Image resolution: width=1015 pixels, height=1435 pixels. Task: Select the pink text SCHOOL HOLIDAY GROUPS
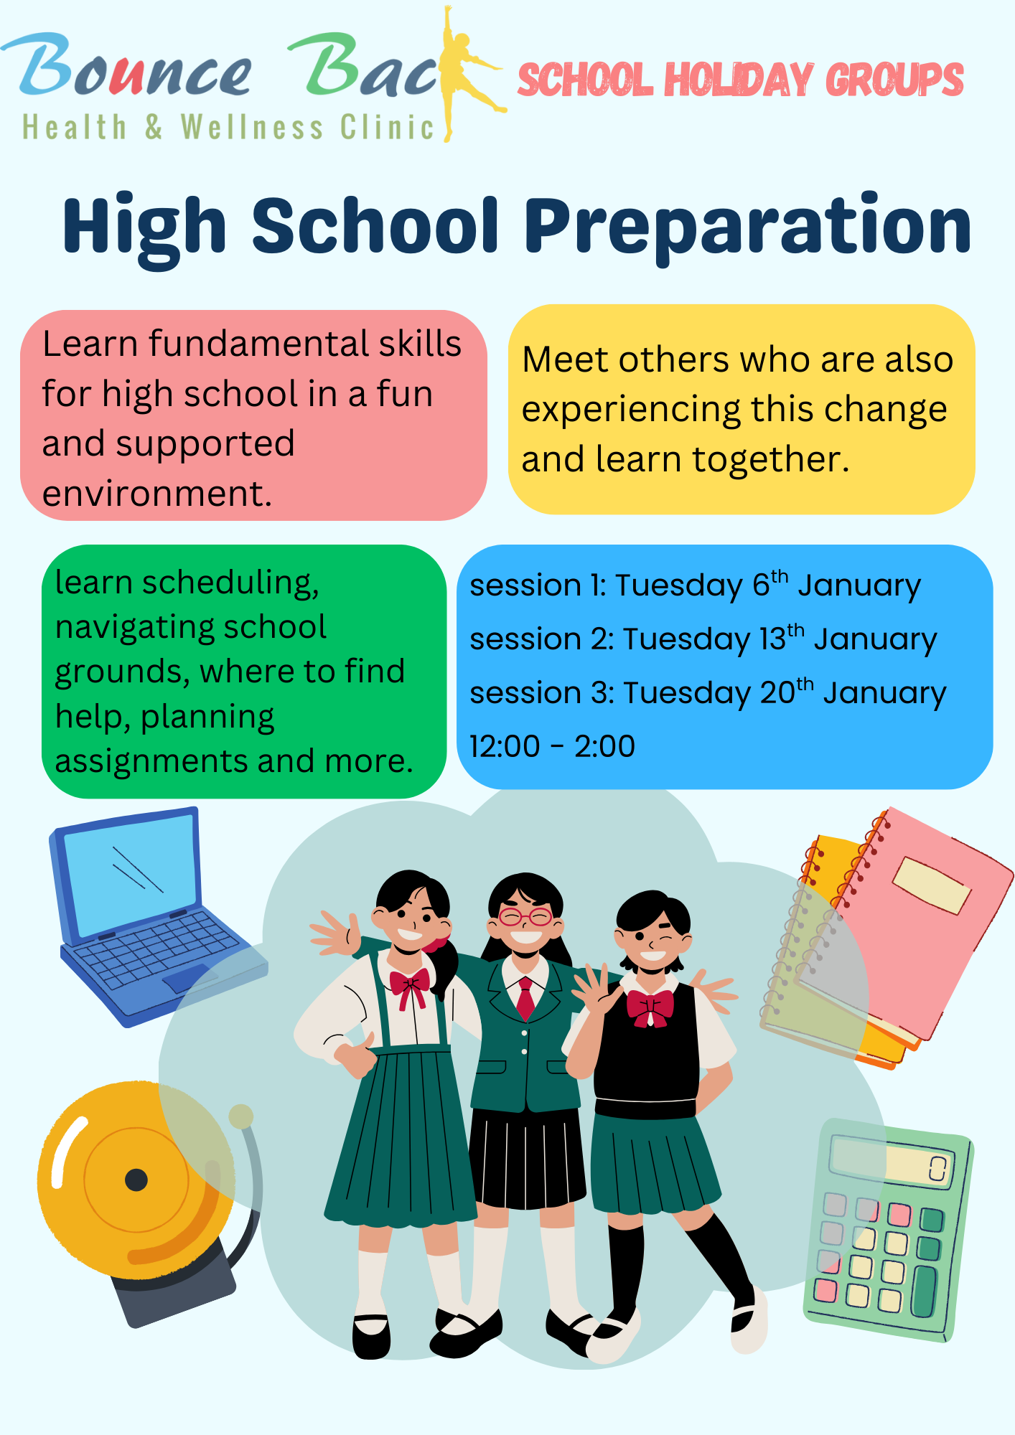click(x=740, y=80)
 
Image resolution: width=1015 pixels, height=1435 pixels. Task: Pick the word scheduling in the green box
click(x=230, y=583)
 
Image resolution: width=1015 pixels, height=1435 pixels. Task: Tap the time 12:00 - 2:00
click(x=552, y=746)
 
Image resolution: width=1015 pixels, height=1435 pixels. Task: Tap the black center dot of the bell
click(x=136, y=1180)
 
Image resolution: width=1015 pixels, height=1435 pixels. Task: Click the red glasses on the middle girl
click(x=525, y=916)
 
